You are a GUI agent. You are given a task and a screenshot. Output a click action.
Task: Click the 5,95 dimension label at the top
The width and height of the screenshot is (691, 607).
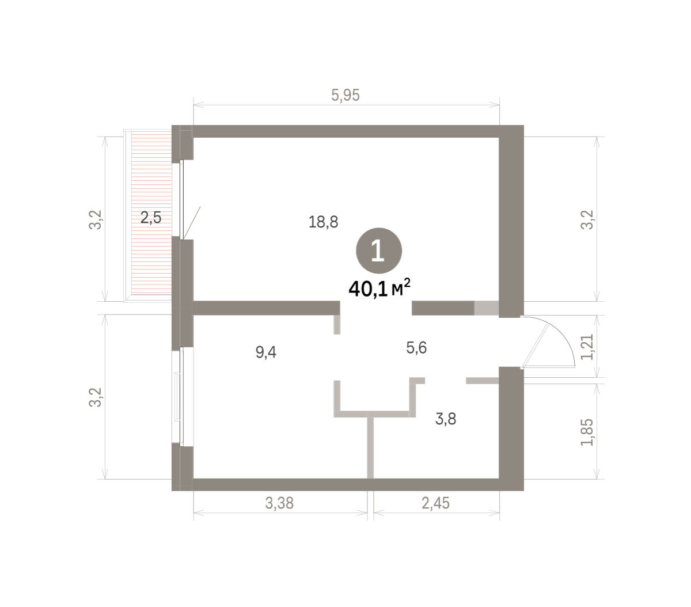point(345,95)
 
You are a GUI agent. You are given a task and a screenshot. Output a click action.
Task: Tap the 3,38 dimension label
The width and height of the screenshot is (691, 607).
point(279,503)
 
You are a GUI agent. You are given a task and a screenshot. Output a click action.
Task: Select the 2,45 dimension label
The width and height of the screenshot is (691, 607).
point(435,503)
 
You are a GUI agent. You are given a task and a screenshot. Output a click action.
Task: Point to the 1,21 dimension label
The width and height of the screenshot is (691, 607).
point(587,347)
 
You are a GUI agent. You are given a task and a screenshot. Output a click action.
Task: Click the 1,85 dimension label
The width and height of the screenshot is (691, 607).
point(587,433)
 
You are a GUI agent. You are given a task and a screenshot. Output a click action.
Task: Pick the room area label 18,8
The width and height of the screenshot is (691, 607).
point(323,222)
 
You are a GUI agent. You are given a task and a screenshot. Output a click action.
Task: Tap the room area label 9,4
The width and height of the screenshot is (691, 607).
point(265,352)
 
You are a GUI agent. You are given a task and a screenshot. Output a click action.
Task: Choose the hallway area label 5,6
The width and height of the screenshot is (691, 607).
point(416,348)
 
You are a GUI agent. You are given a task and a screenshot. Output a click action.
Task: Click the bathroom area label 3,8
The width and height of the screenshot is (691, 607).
point(446,419)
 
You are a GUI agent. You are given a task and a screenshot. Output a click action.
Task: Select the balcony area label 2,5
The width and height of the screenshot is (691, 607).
point(151,217)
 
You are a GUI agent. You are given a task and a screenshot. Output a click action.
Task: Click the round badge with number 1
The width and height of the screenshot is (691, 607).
point(378,251)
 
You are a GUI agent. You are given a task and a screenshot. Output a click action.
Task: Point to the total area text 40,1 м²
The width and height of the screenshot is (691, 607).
point(379,289)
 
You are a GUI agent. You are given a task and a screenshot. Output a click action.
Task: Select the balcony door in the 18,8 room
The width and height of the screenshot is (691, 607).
point(182,200)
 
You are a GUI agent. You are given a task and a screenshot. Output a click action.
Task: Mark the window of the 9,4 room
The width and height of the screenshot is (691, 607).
point(182,396)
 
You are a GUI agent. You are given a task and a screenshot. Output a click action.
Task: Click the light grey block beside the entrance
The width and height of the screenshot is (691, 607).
point(487,308)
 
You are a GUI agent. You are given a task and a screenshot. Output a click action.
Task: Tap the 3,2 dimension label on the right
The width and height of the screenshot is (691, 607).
point(587,220)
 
